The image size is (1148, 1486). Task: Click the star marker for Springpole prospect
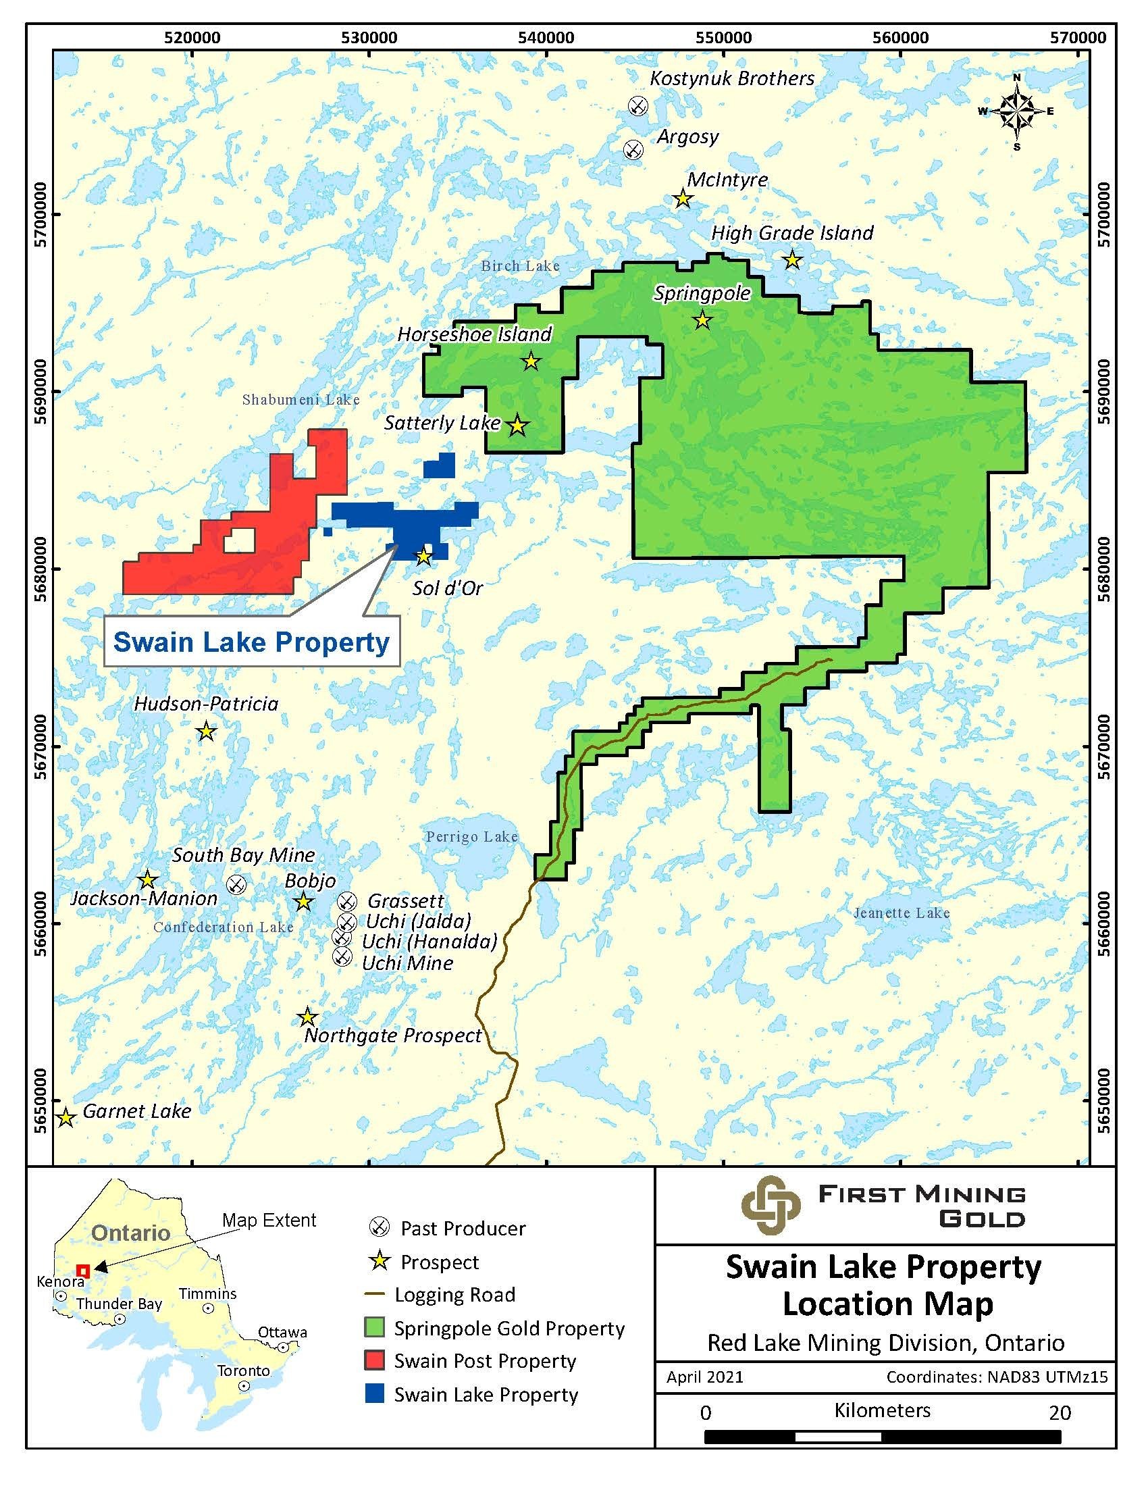click(x=702, y=319)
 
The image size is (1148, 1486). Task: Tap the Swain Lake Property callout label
click(x=251, y=642)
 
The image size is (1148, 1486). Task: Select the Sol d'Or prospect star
click(x=423, y=556)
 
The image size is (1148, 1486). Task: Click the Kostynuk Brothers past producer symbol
click(x=637, y=105)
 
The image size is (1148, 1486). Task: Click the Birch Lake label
click(x=520, y=266)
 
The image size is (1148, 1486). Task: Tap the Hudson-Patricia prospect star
click(x=206, y=732)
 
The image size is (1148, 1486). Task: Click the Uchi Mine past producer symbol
click(x=342, y=956)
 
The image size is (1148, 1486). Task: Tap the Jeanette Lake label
click(x=901, y=913)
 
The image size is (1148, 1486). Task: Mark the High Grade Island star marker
click(x=791, y=259)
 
